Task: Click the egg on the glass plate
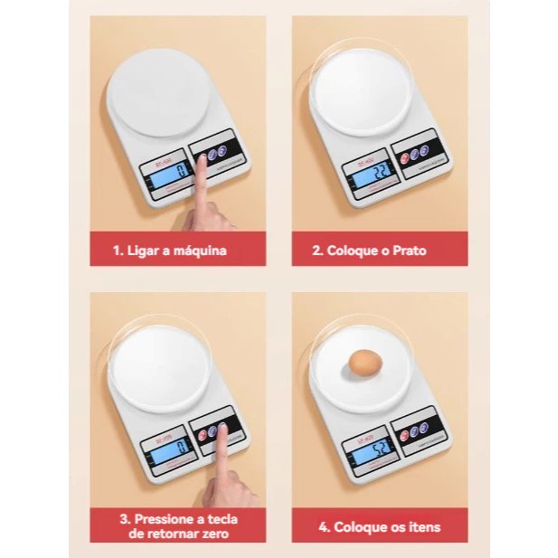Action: [364, 363]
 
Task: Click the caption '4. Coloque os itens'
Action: [379, 526]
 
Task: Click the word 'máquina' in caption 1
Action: [202, 250]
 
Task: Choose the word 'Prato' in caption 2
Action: [409, 250]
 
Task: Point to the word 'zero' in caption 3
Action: [213, 534]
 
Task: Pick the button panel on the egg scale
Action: [416, 430]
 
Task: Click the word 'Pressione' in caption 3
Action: [167, 519]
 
